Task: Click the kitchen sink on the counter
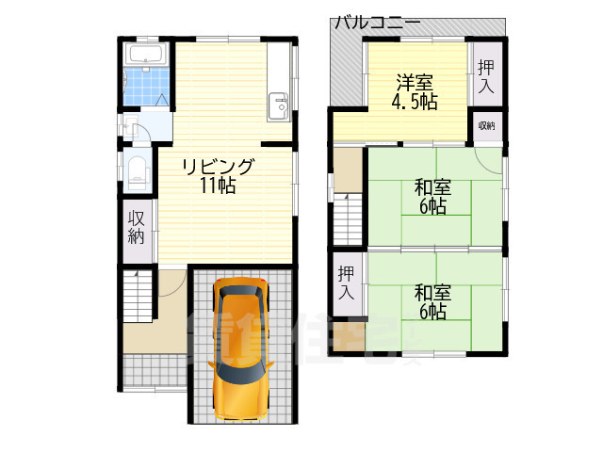[x=279, y=105]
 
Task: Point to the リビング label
[x=218, y=167]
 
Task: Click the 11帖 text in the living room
[x=218, y=186]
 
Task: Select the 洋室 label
[x=416, y=82]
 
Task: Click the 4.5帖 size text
[x=416, y=102]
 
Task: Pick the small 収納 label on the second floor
[x=486, y=125]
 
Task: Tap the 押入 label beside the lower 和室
[x=346, y=282]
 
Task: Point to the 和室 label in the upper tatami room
[x=432, y=187]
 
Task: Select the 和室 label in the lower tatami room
[x=432, y=293]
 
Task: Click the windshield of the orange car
[x=241, y=320]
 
